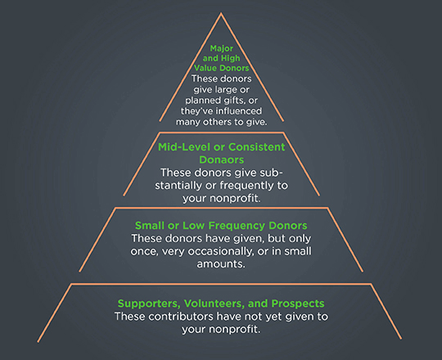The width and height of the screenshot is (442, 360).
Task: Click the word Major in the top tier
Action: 222,49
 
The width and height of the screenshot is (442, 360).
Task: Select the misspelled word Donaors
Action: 222,160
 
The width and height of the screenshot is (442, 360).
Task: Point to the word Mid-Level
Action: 184,147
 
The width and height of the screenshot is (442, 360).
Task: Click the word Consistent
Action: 257,147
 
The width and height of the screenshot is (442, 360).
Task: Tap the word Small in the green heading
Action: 150,226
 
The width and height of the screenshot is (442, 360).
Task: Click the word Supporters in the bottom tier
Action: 149,304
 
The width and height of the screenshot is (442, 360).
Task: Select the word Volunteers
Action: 214,304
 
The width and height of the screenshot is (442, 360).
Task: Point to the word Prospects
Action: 298,304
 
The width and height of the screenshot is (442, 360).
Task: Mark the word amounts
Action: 221,264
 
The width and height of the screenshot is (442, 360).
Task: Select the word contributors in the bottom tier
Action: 181,317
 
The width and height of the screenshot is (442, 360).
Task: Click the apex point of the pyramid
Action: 221,12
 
